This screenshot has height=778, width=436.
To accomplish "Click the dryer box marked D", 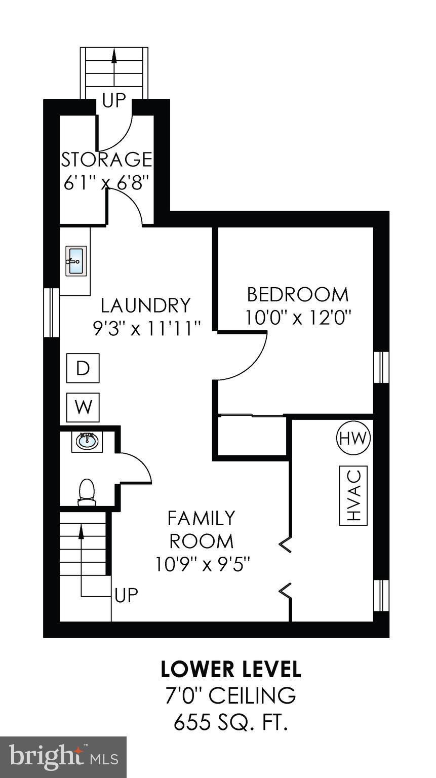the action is pos(83,368).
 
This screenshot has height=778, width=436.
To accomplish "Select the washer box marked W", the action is pos(83,407).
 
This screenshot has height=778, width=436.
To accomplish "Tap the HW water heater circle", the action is pos(353,438).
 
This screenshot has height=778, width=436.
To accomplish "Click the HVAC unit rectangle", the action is pos(353,495).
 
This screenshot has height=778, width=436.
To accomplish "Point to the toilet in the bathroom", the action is pos(87,492).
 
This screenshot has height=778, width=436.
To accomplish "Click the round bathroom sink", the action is pos(87,442).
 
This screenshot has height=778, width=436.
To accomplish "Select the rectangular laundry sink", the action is pos(75,261).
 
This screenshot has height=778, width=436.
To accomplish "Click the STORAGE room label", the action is pos(106,160).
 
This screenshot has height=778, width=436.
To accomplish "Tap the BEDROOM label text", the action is pos(298,294).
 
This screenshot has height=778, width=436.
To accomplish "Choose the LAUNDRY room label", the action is pos(146,305).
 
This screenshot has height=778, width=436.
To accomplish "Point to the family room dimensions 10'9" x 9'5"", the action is pos(203,564).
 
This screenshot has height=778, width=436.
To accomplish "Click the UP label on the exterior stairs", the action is pos(114,100).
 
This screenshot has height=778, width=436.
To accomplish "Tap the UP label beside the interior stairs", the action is pos(127,595).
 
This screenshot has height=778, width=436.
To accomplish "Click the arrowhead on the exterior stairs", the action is pos(114,57).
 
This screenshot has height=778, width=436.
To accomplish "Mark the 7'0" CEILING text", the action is pos(231,695).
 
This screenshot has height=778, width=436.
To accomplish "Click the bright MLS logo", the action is pos(63,756).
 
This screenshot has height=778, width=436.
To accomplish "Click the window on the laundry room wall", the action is pos(51,312).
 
